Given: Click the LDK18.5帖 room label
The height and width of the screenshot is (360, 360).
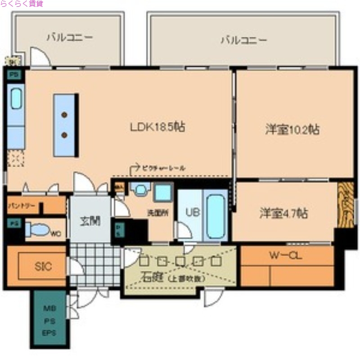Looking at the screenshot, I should tap(157, 127).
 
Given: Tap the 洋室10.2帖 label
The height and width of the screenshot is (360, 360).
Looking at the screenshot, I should tap(292, 130).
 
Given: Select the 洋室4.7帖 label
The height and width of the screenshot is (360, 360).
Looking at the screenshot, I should tap(283, 213).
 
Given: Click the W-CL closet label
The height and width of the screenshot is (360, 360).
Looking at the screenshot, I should tap(285, 256).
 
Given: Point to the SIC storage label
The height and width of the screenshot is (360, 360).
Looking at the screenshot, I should tap(43, 266).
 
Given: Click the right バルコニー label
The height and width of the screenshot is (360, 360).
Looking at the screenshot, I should tap(243, 40).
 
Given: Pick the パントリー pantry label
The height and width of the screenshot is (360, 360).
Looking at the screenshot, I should tap(22, 206).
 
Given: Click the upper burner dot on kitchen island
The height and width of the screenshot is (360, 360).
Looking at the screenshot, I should tap(65, 115).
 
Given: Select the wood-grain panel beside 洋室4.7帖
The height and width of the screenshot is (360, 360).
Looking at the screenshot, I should tap(345, 205).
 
